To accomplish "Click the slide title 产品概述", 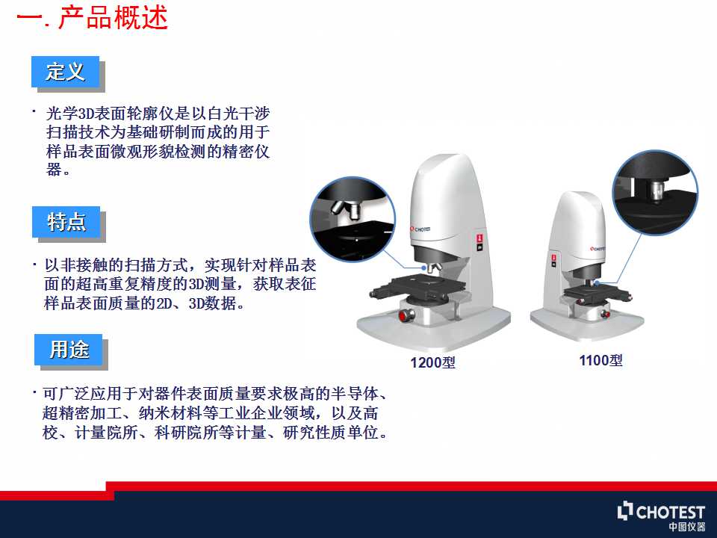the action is pos(114,18).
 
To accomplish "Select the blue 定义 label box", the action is pos(66,72).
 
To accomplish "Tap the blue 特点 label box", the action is pos(66,222).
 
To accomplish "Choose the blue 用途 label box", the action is pos(69,350).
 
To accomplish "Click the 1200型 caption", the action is pos(432,363).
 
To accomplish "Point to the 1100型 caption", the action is pos(600,360).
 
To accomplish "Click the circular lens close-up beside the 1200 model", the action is pos(353,220).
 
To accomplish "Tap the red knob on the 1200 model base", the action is pos(405,315).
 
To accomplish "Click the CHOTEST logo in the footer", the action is pos(661,511).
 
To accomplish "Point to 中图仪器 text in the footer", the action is pos(687,527).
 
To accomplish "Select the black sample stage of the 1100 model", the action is pos(595,293).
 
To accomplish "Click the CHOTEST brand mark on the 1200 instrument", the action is pos(420,229).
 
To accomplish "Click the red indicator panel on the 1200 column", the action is pos(479,242).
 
